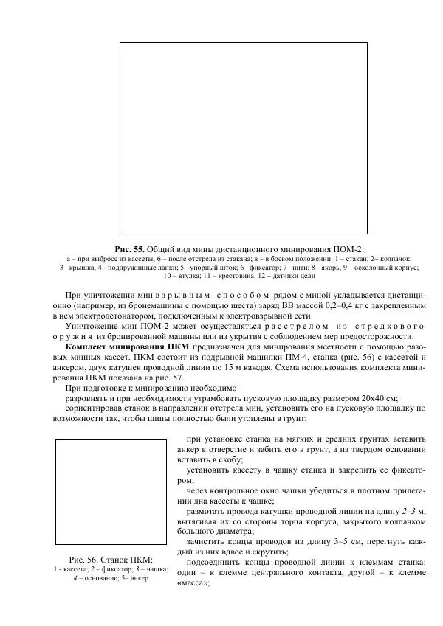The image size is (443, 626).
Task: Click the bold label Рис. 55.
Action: (x=131, y=249)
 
